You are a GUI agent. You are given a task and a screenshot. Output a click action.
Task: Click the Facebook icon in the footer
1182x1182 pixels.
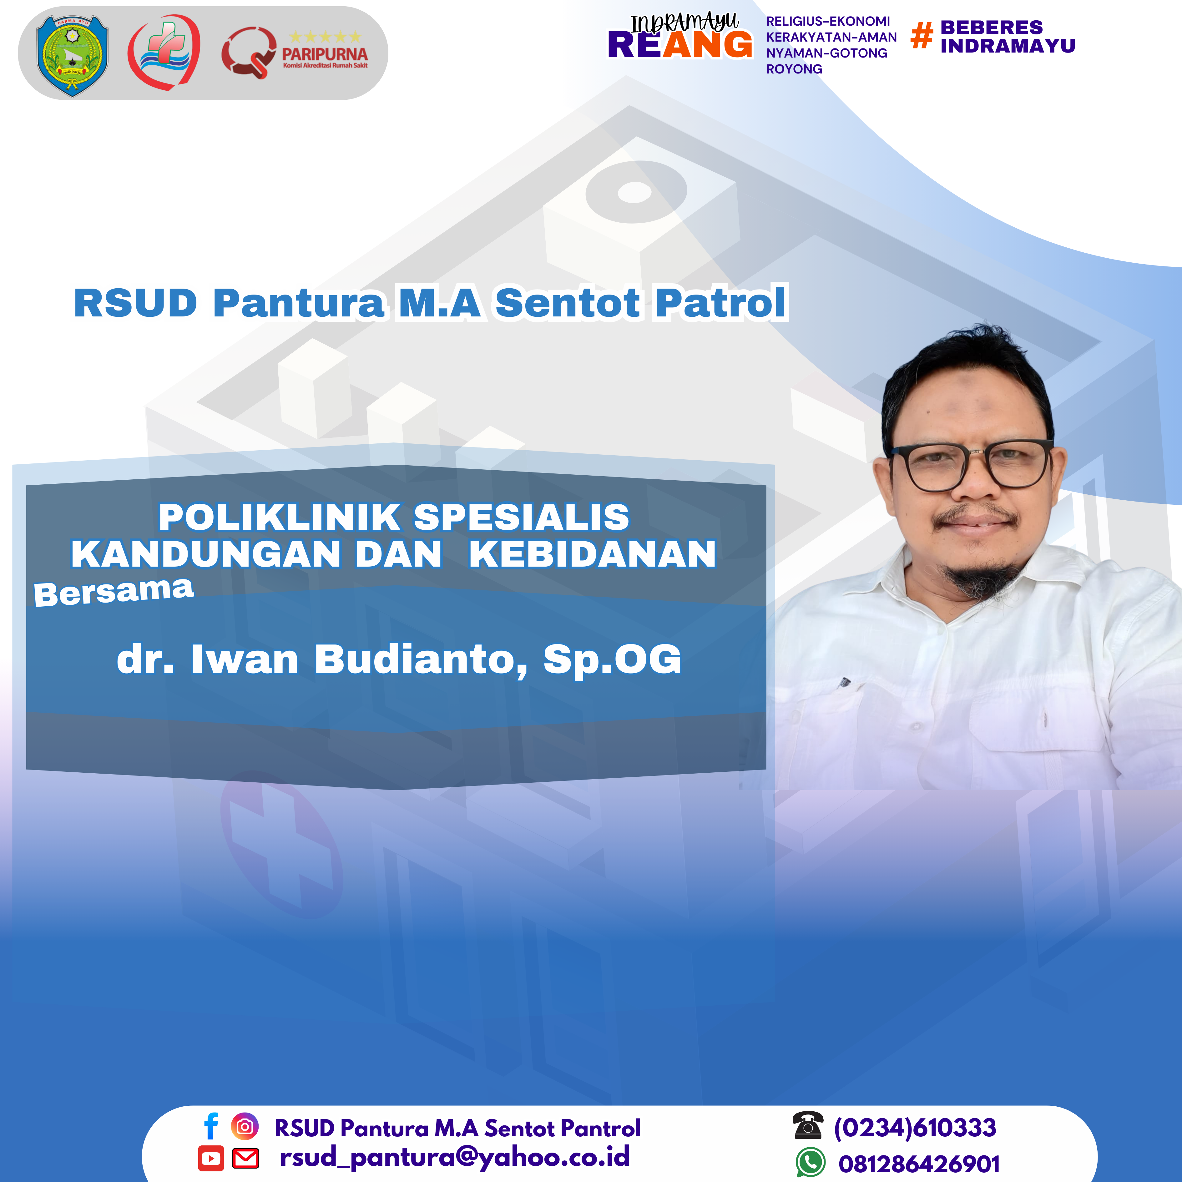point(211,1126)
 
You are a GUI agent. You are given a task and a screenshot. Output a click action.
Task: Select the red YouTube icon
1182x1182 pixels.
point(211,1158)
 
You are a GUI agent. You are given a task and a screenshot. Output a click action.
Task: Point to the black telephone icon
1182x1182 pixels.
point(808,1126)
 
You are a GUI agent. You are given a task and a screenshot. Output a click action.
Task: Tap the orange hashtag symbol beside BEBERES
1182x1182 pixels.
point(922,35)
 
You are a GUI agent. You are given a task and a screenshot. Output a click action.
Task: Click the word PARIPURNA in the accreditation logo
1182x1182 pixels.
point(325,54)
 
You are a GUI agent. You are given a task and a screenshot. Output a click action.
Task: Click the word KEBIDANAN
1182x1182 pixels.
point(592,554)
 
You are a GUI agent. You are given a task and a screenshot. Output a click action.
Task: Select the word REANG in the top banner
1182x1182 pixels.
point(680,45)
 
